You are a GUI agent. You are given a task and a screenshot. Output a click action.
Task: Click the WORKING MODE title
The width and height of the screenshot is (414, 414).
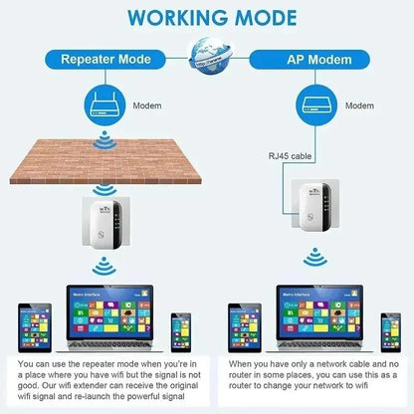(207, 19)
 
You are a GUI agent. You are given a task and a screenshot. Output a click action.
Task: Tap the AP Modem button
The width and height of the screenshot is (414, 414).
(311, 58)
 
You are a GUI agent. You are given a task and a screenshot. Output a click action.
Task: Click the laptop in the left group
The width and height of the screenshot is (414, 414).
(104, 323)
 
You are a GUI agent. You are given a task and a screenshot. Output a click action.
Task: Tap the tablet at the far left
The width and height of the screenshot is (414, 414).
(25, 329)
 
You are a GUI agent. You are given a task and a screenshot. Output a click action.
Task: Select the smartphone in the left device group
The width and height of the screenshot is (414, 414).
(180, 332)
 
